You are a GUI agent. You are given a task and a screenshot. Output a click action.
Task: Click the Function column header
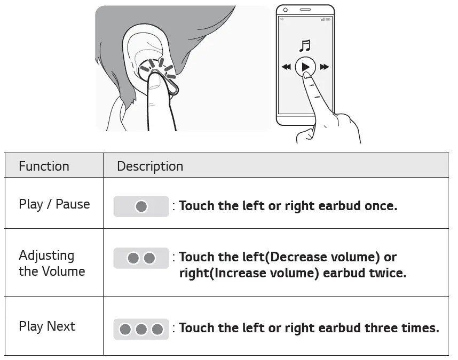[44, 166]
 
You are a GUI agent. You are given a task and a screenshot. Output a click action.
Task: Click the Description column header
[150, 166]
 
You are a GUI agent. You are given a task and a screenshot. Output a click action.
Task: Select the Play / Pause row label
[54, 204]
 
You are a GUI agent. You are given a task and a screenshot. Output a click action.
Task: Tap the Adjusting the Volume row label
[52, 263]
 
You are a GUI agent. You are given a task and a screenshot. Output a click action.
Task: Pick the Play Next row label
[47, 326]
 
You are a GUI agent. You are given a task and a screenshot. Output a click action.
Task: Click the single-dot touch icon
[141, 206]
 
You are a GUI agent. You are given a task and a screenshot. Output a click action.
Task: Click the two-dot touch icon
[141, 258]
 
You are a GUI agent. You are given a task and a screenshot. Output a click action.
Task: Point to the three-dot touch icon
[141, 329]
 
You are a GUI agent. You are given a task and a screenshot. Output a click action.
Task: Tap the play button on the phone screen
[305, 67]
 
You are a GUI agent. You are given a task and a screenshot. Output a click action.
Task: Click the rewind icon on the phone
[286, 67]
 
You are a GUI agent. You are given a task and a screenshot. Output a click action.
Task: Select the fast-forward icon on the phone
[324, 67]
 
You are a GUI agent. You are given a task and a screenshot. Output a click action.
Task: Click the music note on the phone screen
[305, 45]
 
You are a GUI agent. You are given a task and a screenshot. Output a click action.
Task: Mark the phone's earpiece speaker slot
[305, 10]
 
